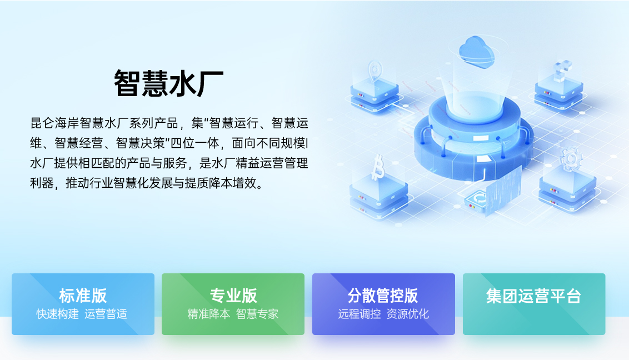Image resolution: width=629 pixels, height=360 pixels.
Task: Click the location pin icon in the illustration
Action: pos(375,71)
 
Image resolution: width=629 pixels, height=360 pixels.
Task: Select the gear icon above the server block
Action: pos(569,158)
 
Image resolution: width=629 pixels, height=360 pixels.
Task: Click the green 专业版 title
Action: pos(233,296)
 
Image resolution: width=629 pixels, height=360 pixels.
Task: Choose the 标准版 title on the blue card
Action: pos(83,296)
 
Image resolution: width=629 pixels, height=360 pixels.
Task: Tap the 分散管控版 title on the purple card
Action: pos(383,296)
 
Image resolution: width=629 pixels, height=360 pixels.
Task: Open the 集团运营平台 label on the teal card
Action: pos(533,296)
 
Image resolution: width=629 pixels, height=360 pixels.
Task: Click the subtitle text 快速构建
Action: pos(58,314)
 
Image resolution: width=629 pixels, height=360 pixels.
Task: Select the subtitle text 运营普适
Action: pos(106,314)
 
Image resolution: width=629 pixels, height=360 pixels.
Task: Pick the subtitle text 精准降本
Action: pos(208,314)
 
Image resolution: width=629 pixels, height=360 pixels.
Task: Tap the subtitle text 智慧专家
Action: pos(257,314)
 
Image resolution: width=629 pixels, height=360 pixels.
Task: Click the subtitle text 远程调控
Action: pos(359,314)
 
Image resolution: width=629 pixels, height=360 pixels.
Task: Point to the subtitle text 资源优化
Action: pos(408,314)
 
